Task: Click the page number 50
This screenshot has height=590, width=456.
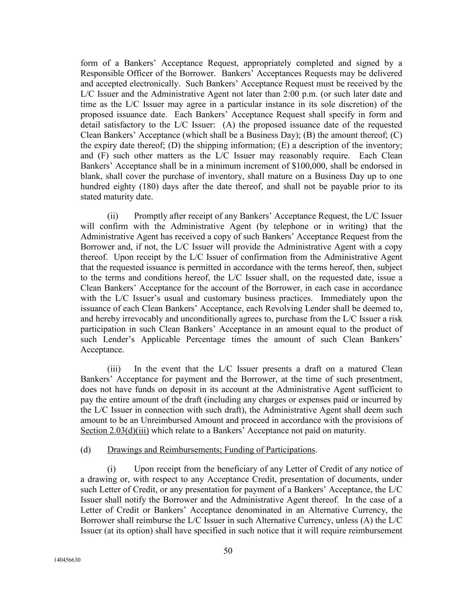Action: pyautogui.click(x=228, y=551)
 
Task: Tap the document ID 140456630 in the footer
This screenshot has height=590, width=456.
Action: pyautogui.click(x=67, y=560)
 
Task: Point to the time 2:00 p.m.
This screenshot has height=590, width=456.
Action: pyautogui.click(x=325, y=94)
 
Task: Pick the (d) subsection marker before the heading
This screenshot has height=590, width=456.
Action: pyautogui.click(x=86, y=450)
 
